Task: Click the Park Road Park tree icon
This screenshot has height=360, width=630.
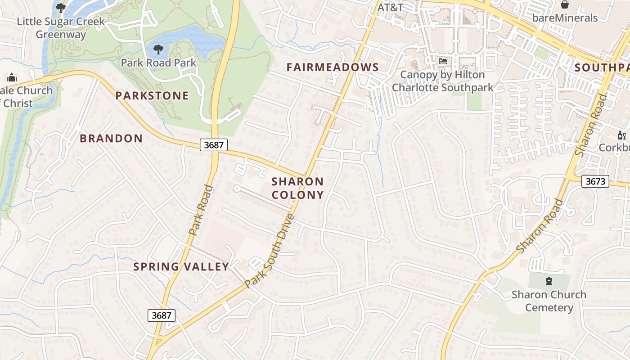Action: [158, 49]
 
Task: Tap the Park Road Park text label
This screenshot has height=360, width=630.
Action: [158, 63]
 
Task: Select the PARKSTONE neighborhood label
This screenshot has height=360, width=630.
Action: [152, 95]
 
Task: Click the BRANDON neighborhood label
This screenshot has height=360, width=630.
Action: [111, 138]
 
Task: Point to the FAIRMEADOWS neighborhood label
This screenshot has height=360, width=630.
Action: [333, 67]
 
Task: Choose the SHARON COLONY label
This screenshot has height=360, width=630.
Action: [297, 188]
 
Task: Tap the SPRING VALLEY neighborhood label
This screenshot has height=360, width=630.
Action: [181, 266]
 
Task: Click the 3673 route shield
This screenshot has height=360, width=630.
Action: [595, 181]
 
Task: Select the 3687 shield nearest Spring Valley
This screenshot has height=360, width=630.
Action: [161, 315]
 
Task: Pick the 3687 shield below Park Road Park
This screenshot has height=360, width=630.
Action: [214, 144]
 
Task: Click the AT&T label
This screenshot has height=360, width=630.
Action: [390, 8]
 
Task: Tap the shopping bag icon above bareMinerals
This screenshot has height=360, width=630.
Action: [564, 5]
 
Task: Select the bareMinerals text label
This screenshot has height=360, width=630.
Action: [564, 18]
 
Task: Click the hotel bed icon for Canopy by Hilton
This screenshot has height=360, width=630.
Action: [442, 61]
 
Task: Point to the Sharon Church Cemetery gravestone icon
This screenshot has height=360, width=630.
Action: [549, 281]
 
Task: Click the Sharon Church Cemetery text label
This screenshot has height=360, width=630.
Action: [549, 301]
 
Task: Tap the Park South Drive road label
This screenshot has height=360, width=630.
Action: [270, 251]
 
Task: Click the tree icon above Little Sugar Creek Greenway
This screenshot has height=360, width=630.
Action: [60, 8]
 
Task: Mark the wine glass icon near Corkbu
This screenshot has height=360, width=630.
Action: [622, 135]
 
